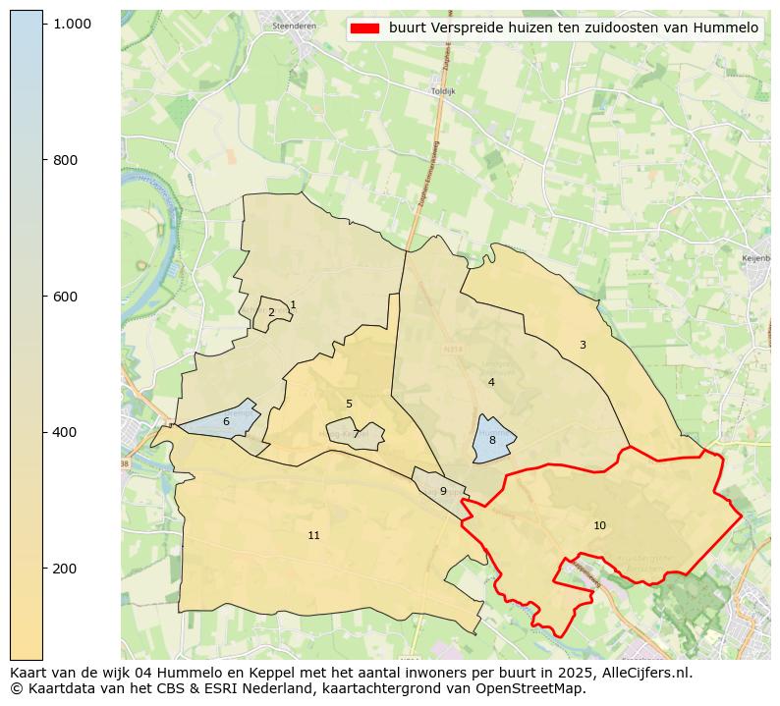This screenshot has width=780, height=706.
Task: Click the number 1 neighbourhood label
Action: pos(293,305)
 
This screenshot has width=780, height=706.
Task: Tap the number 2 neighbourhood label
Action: pos(271,313)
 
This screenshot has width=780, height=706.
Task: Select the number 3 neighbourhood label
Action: pos(583,345)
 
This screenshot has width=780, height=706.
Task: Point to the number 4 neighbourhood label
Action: pos(491,382)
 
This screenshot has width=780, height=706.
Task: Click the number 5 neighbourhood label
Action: pos(349,404)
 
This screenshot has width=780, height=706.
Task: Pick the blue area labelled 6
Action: pos(226,421)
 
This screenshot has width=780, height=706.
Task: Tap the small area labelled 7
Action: pos(356,434)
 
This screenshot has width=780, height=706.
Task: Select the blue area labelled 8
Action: pos(492,441)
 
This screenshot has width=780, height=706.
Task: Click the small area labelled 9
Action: pos(443,491)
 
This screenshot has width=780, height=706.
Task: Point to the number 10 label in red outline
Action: pos(599,526)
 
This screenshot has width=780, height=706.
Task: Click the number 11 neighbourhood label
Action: pos(313,535)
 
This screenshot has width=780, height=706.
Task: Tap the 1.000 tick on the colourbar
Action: pos(72,24)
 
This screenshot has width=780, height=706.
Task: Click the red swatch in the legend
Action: pos(363,28)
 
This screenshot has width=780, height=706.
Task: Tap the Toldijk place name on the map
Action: pos(444,90)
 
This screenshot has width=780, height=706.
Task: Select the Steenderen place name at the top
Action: pos(292,26)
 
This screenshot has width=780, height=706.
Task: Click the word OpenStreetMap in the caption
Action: pos(537,688)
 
